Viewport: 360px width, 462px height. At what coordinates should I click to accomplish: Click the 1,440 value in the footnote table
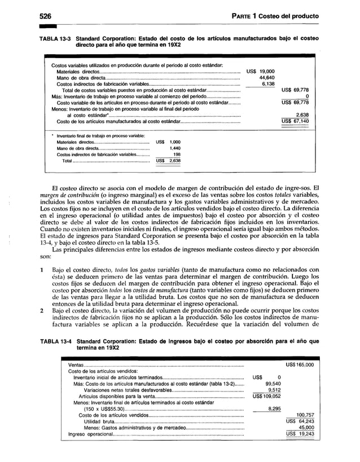tap(174, 148)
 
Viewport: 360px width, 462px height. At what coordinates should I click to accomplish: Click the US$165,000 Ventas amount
tap(300, 365)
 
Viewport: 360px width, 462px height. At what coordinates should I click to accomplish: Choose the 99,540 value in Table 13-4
tap(273, 383)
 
